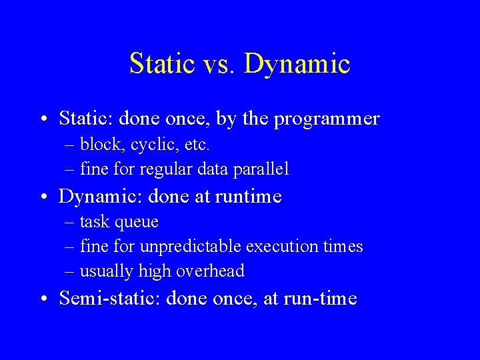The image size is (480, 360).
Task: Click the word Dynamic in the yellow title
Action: click(297, 64)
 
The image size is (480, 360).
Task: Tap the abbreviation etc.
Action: click(198, 145)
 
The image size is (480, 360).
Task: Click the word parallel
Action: click(261, 169)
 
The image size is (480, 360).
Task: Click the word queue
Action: click(137, 222)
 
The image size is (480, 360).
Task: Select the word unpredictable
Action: click(191, 247)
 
